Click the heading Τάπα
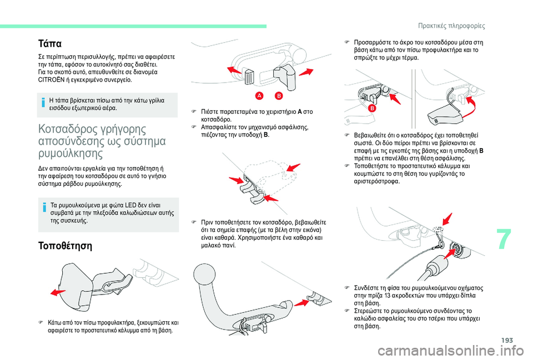pos(50,44)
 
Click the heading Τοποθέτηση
pos(66,246)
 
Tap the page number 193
pos(506,340)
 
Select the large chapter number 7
pos(504,240)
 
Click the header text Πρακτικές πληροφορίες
pos(451,26)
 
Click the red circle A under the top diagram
pos(259,96)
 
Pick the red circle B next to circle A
pos(279,96)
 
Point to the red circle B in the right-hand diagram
pos(372,108)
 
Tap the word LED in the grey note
pos(130,205)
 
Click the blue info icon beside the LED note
pos(44,206)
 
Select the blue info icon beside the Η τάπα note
pos(43,102)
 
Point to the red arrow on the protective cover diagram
pos(58,292)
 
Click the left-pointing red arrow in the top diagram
pos(234,70)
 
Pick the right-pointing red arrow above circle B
pos(306,72)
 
